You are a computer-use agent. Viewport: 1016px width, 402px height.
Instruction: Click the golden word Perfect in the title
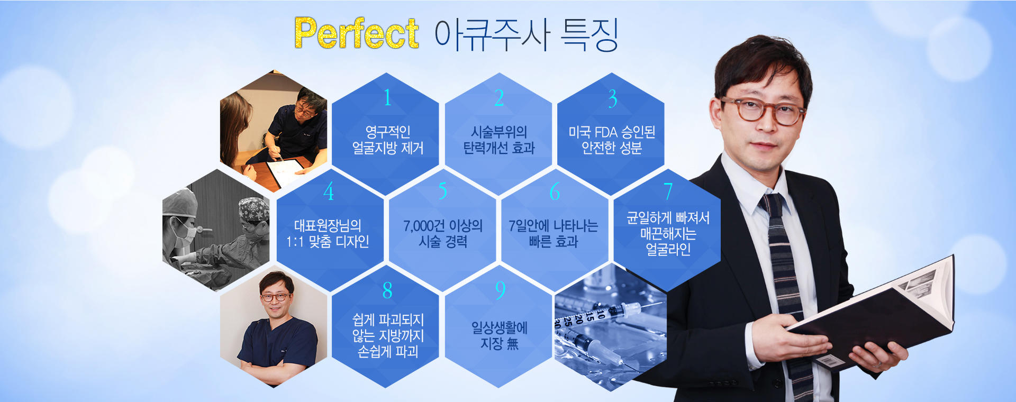tap(356, 33)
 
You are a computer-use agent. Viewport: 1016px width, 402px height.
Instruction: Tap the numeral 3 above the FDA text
tap(612, 98)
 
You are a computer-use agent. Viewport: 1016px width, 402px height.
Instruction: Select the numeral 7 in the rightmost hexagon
tap(668, 191)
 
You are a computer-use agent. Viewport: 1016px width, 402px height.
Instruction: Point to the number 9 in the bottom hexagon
tap(500, 290)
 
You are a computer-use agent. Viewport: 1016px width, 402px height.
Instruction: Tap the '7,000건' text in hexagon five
tap(424, 226)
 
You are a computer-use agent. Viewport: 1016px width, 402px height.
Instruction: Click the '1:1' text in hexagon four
tap(294, 242)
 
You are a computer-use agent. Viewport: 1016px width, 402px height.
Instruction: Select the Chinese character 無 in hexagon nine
tap(512, 344)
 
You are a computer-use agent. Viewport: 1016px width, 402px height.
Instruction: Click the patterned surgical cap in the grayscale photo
tap(254, 208)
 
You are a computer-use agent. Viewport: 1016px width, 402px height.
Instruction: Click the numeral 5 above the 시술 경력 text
tap(443, 191)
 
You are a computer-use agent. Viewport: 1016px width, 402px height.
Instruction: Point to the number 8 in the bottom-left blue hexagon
tap(388, 290)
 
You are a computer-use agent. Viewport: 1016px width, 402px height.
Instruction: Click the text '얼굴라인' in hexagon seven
tap(668, 249)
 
